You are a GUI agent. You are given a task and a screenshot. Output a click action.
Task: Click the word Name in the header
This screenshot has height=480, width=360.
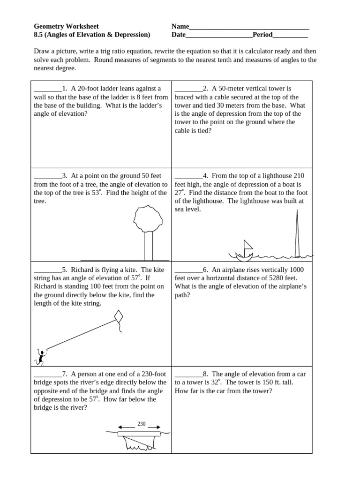click(x=180, y=26)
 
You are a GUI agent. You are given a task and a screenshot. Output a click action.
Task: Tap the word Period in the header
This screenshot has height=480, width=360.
click(x=262, y=35)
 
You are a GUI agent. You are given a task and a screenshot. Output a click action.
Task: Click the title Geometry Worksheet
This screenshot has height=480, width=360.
click(x=66, y=26)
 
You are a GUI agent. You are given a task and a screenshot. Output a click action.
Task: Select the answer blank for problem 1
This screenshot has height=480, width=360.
click(x=47, y=89)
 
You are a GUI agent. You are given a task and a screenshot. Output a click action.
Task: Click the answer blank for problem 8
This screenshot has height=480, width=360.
click(x=188, y=374)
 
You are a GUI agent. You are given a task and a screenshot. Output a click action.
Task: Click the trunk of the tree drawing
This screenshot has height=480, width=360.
click(x=148, y=246)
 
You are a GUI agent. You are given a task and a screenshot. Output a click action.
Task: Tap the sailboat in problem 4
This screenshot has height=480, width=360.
click(x=245, y=251)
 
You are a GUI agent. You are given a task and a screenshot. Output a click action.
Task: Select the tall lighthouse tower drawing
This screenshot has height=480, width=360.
click(x=296, y=234)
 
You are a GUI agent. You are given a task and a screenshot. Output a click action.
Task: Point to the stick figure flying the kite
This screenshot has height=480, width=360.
click(x=41, y=357)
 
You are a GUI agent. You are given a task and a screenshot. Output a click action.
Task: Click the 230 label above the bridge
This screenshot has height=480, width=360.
click(x=141, y=424)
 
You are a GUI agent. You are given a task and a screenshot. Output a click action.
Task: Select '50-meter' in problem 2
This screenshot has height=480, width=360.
click(x=233, y=89)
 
